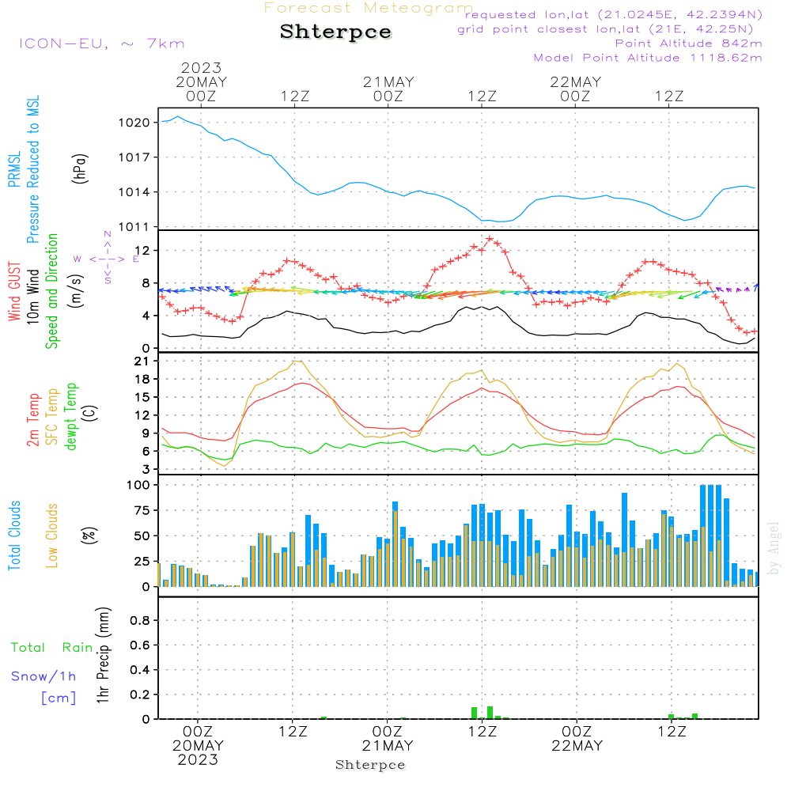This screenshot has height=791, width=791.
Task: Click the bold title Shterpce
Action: [x=335, y=32]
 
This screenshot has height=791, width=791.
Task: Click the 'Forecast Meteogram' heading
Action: [x=369, y=8]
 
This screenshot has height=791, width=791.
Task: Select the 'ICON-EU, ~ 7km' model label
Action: [x=101, y=44]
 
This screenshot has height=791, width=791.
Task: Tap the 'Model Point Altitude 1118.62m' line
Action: [x=648, y=58]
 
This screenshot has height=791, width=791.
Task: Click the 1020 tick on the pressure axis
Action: [x=134, y=123]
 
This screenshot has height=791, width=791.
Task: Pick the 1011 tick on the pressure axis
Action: [x=134, y=227]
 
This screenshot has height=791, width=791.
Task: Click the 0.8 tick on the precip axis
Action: [x=139, y=621]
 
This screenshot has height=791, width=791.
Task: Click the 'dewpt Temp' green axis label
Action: [x=71, y=417]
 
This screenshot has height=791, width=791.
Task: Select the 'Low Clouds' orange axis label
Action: [x=52, y=536]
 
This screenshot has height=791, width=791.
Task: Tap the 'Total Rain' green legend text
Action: [x=52, y=648]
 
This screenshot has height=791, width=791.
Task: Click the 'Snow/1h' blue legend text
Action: [x=44, y=676]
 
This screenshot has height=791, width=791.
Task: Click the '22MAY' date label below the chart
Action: [x=577, y=746]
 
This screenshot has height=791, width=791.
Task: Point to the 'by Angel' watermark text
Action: [x=774, y=548]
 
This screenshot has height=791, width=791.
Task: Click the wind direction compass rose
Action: [x=108, y=258]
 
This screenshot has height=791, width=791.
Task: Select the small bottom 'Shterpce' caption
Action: [x=370, y=765]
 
